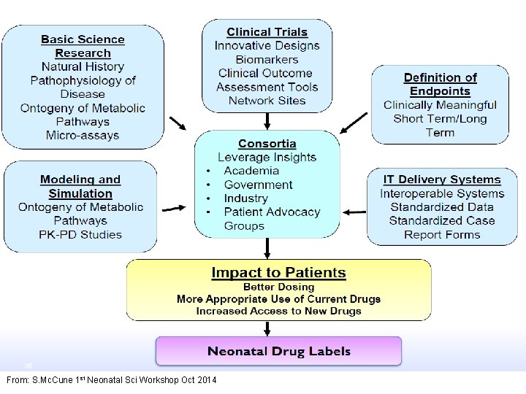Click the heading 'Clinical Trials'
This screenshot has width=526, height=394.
point(267,32)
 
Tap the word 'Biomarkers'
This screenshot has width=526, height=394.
point(267,59)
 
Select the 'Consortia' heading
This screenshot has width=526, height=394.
point(267,144)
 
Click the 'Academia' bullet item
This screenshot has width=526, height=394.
point(251,171)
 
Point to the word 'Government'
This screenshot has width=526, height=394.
point(258,185)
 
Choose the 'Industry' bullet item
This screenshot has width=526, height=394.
point(245,198)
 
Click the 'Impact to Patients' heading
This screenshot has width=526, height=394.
point(278,273)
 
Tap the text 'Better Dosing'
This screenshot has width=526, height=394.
point(278,287)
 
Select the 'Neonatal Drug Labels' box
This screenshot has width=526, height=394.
point(278,351)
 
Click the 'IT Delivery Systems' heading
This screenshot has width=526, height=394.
point(442,179)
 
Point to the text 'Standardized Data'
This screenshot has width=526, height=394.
point(442,207)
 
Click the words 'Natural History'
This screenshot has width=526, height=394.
point(83,67)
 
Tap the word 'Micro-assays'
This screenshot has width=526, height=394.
point(83,135)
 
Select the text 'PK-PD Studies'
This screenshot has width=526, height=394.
point(80,235)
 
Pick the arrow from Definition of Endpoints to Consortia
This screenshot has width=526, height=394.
point(354,123)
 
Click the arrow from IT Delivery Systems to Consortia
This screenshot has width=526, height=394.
point(354,212)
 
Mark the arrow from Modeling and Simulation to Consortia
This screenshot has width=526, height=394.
point(174,209)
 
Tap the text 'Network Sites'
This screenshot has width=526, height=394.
point(267,101)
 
